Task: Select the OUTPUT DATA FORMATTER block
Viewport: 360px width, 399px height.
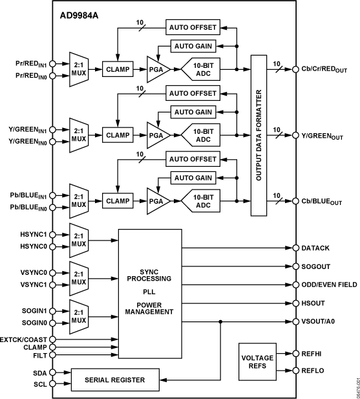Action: click(259, 136)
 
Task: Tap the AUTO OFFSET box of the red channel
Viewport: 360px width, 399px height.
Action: click(193, 28)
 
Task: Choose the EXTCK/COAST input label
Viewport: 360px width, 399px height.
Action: click(23, 339)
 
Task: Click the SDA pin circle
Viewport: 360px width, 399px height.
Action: click(52, 372)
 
